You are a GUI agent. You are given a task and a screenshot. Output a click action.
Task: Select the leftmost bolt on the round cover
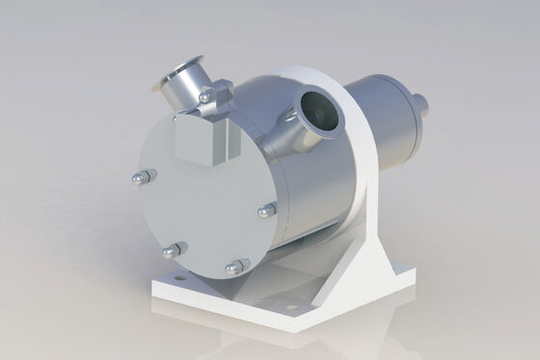[141, 177]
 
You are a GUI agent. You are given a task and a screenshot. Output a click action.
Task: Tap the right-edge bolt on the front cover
[268, 208]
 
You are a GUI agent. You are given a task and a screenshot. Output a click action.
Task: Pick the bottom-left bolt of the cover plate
[172, 250]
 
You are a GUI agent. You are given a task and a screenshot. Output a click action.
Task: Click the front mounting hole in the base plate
[291, 309]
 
